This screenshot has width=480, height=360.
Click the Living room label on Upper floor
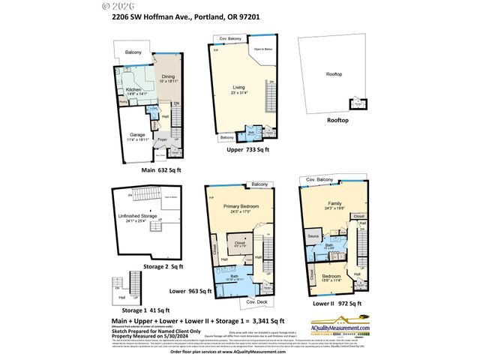238,89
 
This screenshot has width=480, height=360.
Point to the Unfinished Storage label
140,217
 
